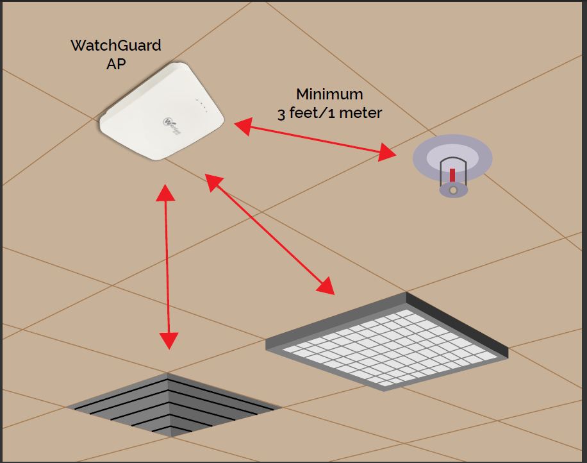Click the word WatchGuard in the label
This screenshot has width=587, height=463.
(x=116, y=46)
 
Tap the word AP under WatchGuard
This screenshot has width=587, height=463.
(x=116, y=65)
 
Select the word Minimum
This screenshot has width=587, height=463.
(x=329, y=94)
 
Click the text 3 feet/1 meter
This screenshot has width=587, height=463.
(x=329, y=114)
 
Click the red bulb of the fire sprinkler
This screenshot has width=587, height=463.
(x=452, y=175)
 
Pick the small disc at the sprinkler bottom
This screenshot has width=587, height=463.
(x=453, y=190)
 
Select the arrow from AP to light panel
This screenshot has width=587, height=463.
(x=269, y=233)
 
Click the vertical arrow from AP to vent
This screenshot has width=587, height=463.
(x=168, y=266)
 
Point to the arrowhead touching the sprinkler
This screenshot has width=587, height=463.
(x=388, y=153)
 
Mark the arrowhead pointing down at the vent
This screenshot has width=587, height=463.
(x=170, y=340)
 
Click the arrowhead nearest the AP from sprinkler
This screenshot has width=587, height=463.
(x=243, y=126)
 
